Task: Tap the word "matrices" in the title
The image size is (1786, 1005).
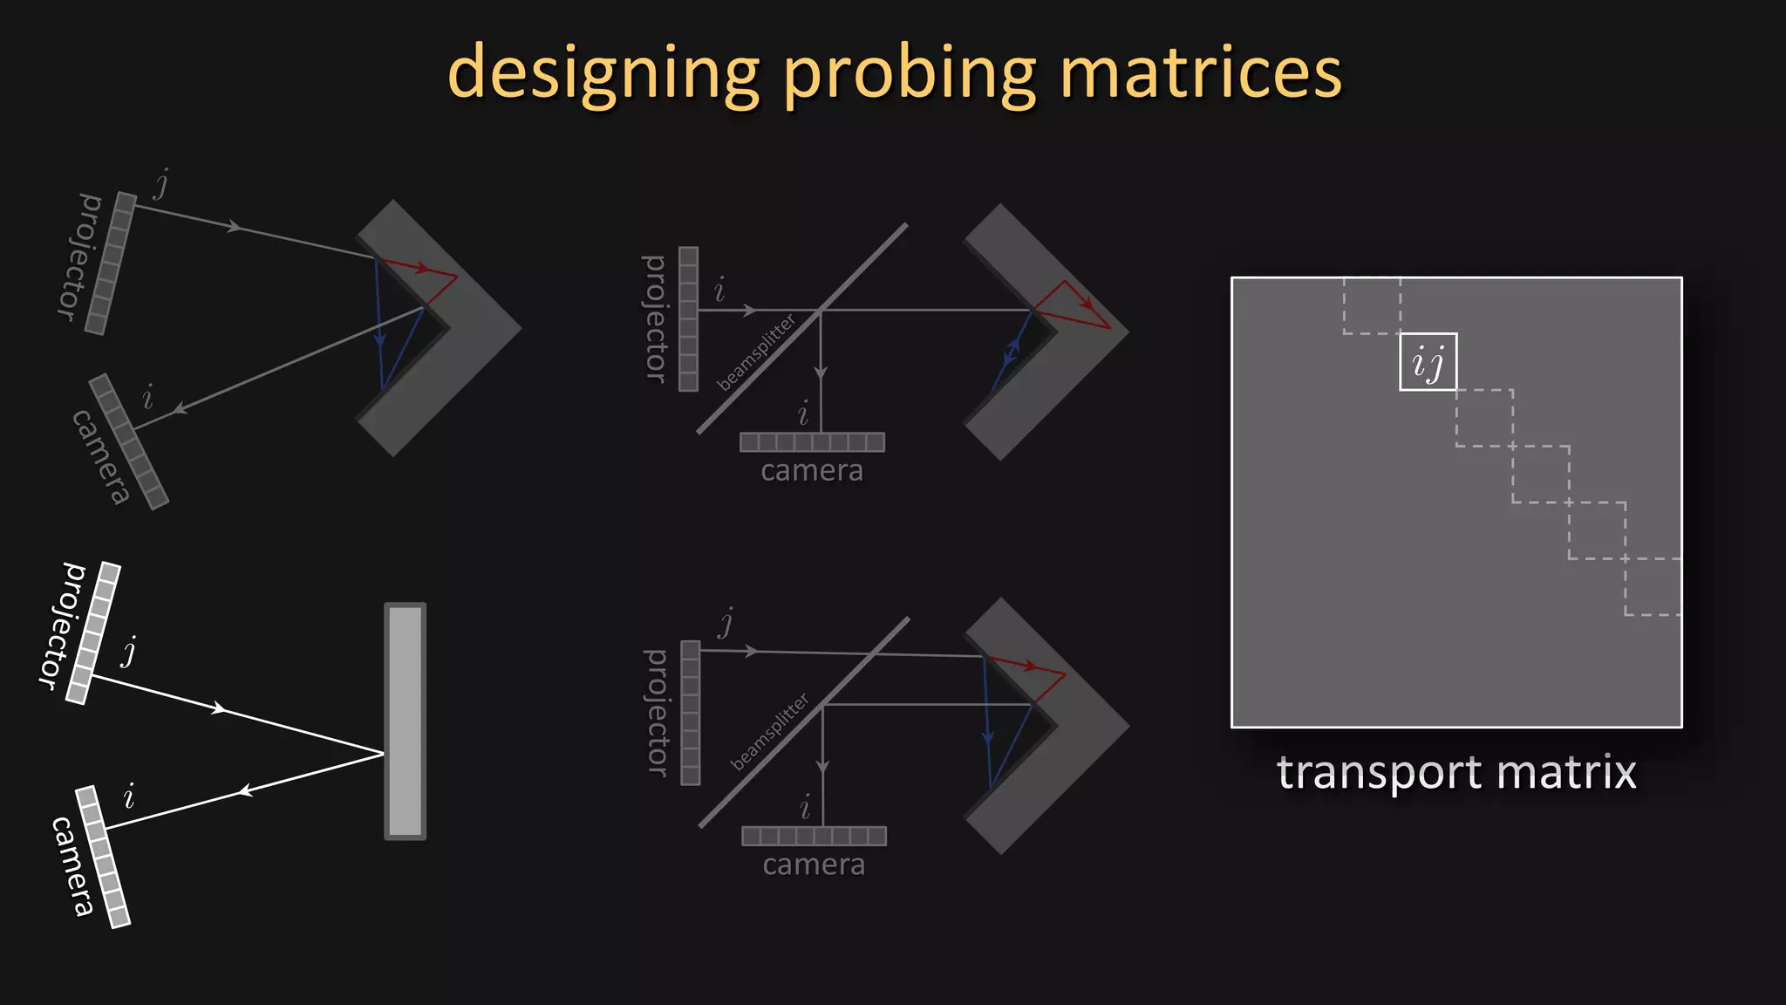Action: point(1201,73)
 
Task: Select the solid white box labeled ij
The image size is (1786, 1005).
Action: point(1428,362)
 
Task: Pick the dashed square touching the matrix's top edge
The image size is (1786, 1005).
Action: point(1372,305)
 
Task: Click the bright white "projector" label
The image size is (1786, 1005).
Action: point(63,626)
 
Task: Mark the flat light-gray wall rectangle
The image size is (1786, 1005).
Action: point(406,721)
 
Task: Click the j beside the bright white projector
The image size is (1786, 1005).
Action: point(129,652)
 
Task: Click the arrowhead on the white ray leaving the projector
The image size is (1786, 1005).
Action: point(219,708)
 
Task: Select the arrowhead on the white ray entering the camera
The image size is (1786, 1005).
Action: point(246,791)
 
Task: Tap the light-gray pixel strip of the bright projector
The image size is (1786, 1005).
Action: point(93,632)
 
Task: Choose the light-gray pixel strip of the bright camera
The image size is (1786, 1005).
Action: point(103,857)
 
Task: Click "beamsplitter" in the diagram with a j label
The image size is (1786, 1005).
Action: point(770,732)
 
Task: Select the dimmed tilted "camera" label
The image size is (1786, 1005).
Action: point(101,456)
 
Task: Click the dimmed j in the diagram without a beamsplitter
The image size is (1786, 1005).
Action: point(161,184)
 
